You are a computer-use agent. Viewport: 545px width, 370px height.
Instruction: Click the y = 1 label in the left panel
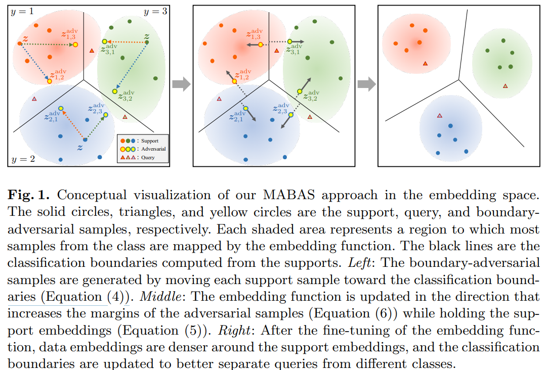click(22, 10)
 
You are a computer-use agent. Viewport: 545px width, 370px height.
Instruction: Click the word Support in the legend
click(150, 141)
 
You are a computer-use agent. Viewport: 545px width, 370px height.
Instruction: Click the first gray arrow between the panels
click(181, 84)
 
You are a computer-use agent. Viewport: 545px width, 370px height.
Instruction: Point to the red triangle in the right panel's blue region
click(439, 115)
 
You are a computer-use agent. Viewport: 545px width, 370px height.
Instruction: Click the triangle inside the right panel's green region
click(505, 86)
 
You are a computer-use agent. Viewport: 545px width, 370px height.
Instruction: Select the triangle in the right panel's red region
click(426, 63)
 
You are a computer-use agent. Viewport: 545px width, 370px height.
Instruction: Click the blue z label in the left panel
click(79, 147)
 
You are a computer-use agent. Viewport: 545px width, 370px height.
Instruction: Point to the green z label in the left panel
click(146, 36)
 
